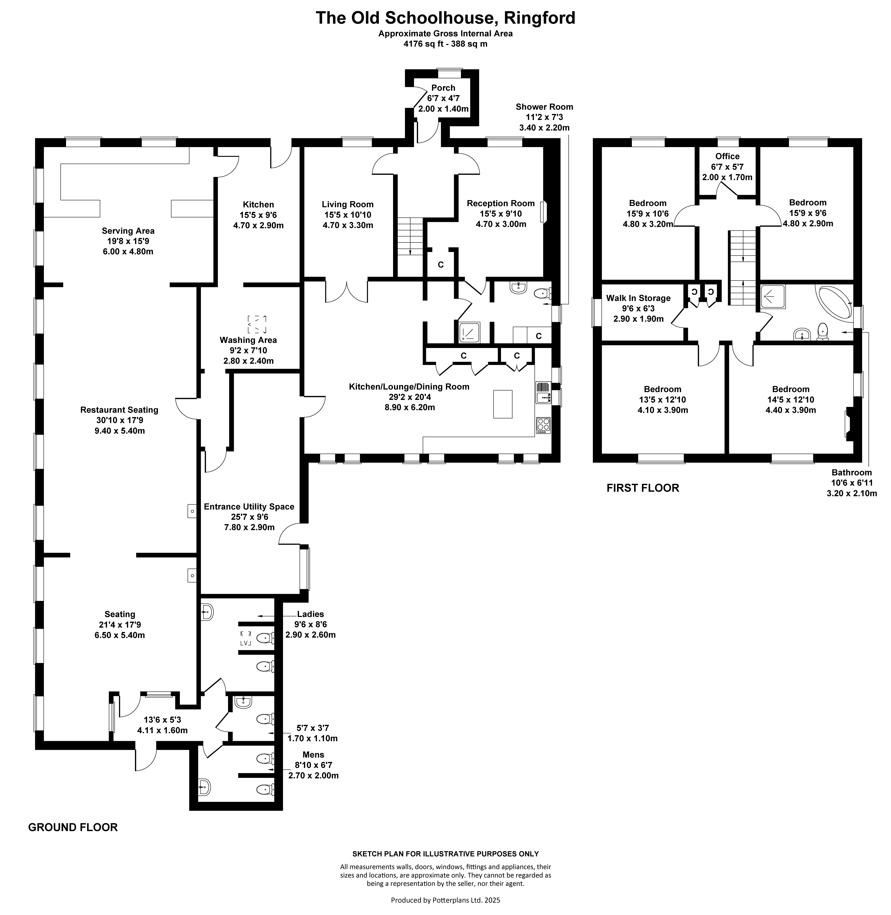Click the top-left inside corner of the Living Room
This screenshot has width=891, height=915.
click(305, 147)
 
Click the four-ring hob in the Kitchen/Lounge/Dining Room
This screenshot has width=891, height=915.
click(543, 425)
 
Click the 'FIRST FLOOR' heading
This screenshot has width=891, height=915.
click(642, 488)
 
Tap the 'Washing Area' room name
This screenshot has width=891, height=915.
click(248, 340)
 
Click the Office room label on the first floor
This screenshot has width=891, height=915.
click(727, 156)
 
